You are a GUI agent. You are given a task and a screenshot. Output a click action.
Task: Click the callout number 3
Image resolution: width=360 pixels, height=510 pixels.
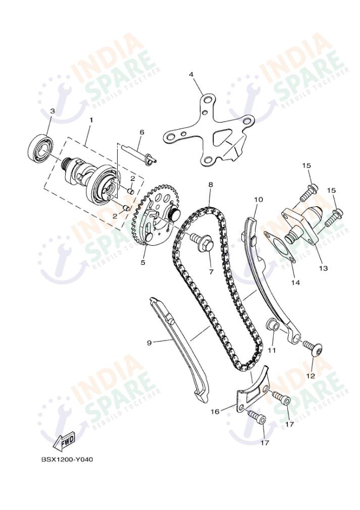coord(52,111)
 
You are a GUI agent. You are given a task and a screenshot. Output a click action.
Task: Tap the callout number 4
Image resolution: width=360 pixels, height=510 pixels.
coord(191,75)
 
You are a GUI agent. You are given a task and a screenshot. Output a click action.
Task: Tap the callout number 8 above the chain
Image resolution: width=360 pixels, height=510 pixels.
coord(210,185)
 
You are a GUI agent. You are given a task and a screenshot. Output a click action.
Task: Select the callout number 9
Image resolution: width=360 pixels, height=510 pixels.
coord(149,343)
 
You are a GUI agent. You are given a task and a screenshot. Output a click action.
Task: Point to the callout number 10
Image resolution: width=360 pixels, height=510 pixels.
coord(258,199)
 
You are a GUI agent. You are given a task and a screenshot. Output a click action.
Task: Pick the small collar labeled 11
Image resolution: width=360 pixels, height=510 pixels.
coord(273,325)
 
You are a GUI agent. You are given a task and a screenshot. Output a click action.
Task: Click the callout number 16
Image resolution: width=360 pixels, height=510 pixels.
coord(215,412)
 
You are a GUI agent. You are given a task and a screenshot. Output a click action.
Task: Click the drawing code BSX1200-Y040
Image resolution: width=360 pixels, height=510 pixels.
coord(67,460)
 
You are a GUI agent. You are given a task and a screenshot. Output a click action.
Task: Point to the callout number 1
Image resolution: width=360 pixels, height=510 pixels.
coord(91,120)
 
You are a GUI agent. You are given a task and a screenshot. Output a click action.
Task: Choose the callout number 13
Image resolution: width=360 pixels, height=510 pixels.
coord(323,268)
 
